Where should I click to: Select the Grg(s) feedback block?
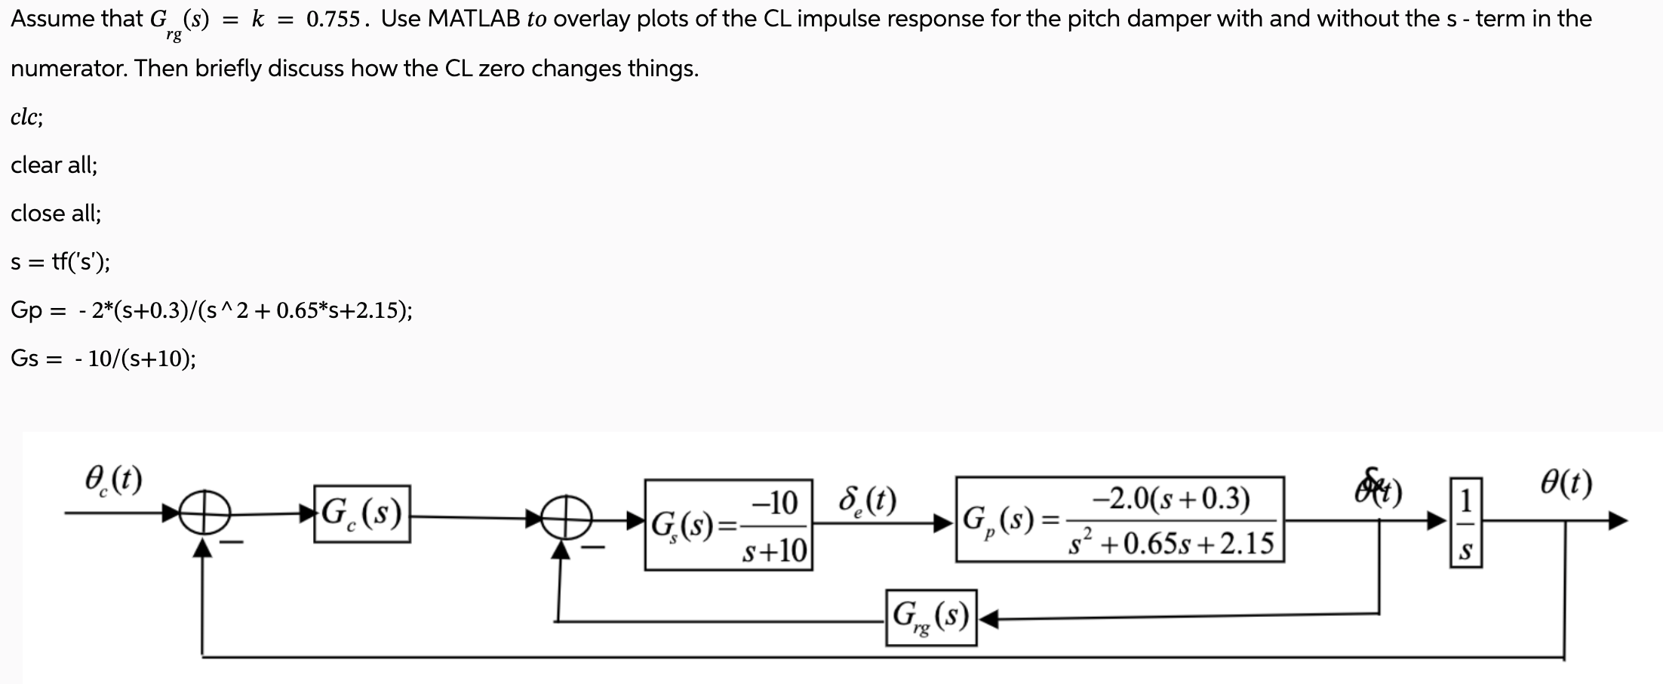(931, 618)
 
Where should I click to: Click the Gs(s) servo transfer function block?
(728, 525)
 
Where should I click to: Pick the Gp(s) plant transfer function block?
(1120, 519)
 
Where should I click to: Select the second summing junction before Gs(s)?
(560, 517)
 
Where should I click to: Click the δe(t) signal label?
(867, 501)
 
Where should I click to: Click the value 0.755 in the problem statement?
(333, 20)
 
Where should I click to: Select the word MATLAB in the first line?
(474, 19)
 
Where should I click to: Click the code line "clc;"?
(27, 117)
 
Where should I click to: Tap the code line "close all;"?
(56, 213)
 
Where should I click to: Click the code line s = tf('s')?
(60, 262)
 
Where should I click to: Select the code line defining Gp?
(211, 310)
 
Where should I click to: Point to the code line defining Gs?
(103, 359)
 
